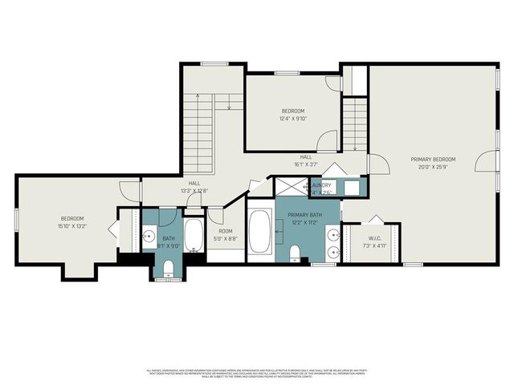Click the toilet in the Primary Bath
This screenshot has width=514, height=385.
click(x=295, y=254)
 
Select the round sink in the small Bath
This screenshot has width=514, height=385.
click(x=149, y=237)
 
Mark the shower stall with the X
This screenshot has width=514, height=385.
click(x=292, y=187)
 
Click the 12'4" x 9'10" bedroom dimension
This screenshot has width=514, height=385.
click(x=293, y=119)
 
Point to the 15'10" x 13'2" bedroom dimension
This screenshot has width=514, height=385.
click(x=72, y=226)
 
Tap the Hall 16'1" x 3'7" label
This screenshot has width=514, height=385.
click(x=306, y=160)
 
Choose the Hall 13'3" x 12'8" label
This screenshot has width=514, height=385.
click(x=194, y=187)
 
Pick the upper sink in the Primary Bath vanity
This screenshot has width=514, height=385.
click(x=332, y=235)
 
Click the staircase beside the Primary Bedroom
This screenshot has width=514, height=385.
click(x=354, y=124)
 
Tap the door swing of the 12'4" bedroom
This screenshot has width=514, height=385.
click(x=327, y=140)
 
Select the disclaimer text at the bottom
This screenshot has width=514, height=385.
click(x=257, y=373)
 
